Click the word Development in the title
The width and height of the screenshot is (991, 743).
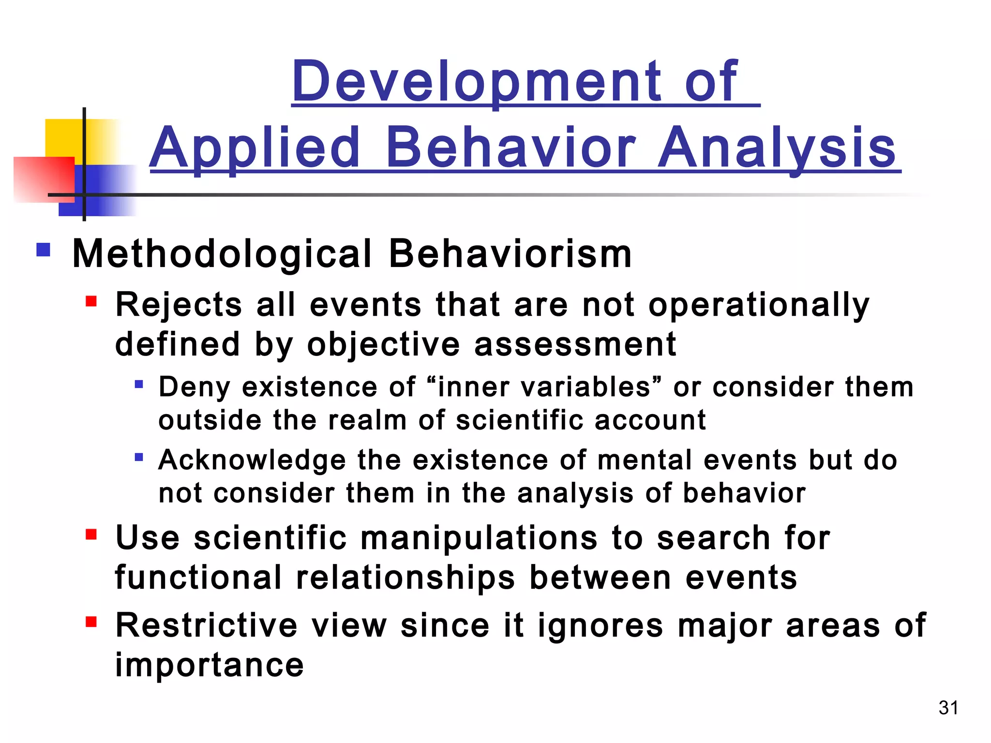[477, 82]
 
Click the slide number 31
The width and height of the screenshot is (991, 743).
[948, 708]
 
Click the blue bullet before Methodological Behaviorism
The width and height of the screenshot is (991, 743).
[44, 250]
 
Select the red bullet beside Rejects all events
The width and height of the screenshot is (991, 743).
[91, 302]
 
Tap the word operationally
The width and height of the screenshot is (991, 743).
[759, 306]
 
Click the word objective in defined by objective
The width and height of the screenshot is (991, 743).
[383, 344]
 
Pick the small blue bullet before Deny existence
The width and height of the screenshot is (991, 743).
[139, 385]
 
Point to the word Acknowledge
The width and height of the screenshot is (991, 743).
[252, 460]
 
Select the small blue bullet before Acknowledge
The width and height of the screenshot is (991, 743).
[139, 457]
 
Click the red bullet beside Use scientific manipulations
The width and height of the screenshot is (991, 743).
[91, 535]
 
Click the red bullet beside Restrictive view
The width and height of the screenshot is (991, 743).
[91, 622]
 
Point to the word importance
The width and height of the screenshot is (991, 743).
[209, 665]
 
